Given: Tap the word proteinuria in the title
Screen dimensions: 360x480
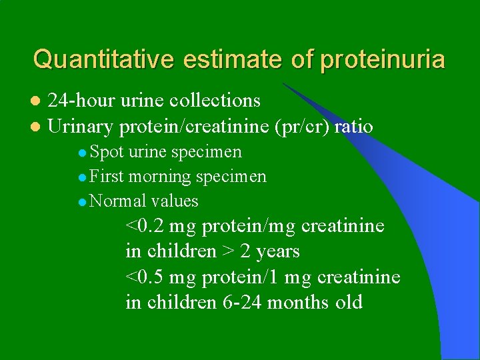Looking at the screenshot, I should coord(382,59).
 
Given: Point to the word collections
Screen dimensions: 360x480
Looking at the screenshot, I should coord(215,101).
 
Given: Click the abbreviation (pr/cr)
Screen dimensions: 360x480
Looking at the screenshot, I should coord(300,126).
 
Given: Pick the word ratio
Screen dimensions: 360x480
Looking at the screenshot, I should coord(354,126).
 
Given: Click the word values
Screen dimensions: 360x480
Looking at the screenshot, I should coord(175,201).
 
